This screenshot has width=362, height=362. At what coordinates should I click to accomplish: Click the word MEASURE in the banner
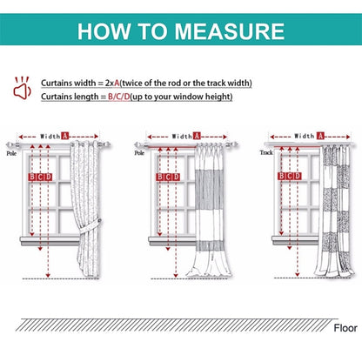coord(230,31)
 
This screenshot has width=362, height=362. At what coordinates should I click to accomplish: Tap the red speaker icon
coord(22,88)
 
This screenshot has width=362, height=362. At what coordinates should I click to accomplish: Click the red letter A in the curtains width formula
coord(117,83)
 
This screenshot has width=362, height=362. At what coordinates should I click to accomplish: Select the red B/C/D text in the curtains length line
coord(119,97)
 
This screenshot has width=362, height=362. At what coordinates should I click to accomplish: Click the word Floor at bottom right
coord(345,328)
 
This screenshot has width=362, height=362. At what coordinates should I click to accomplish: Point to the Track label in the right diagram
coord(266,152)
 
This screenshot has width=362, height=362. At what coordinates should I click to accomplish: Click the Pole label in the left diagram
coord(11,153)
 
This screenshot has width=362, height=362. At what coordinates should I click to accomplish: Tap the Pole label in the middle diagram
coord(139,153)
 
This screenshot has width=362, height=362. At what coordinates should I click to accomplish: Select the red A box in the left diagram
coord(65,136)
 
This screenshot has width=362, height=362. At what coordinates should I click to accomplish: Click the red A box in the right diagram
coord(320,136)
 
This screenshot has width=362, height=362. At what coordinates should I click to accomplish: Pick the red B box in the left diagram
coord(32,177)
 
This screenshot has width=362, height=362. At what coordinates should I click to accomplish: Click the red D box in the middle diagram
coord(176,177)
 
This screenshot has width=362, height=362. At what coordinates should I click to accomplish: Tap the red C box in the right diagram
coord(290,176)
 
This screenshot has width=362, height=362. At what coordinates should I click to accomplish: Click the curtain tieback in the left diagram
coord(90,226)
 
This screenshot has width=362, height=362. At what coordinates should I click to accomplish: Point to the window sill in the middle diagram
coord(172,241)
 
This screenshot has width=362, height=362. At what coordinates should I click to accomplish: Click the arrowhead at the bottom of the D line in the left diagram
coord(48,275)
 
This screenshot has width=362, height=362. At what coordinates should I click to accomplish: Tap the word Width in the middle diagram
coord(182,136)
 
